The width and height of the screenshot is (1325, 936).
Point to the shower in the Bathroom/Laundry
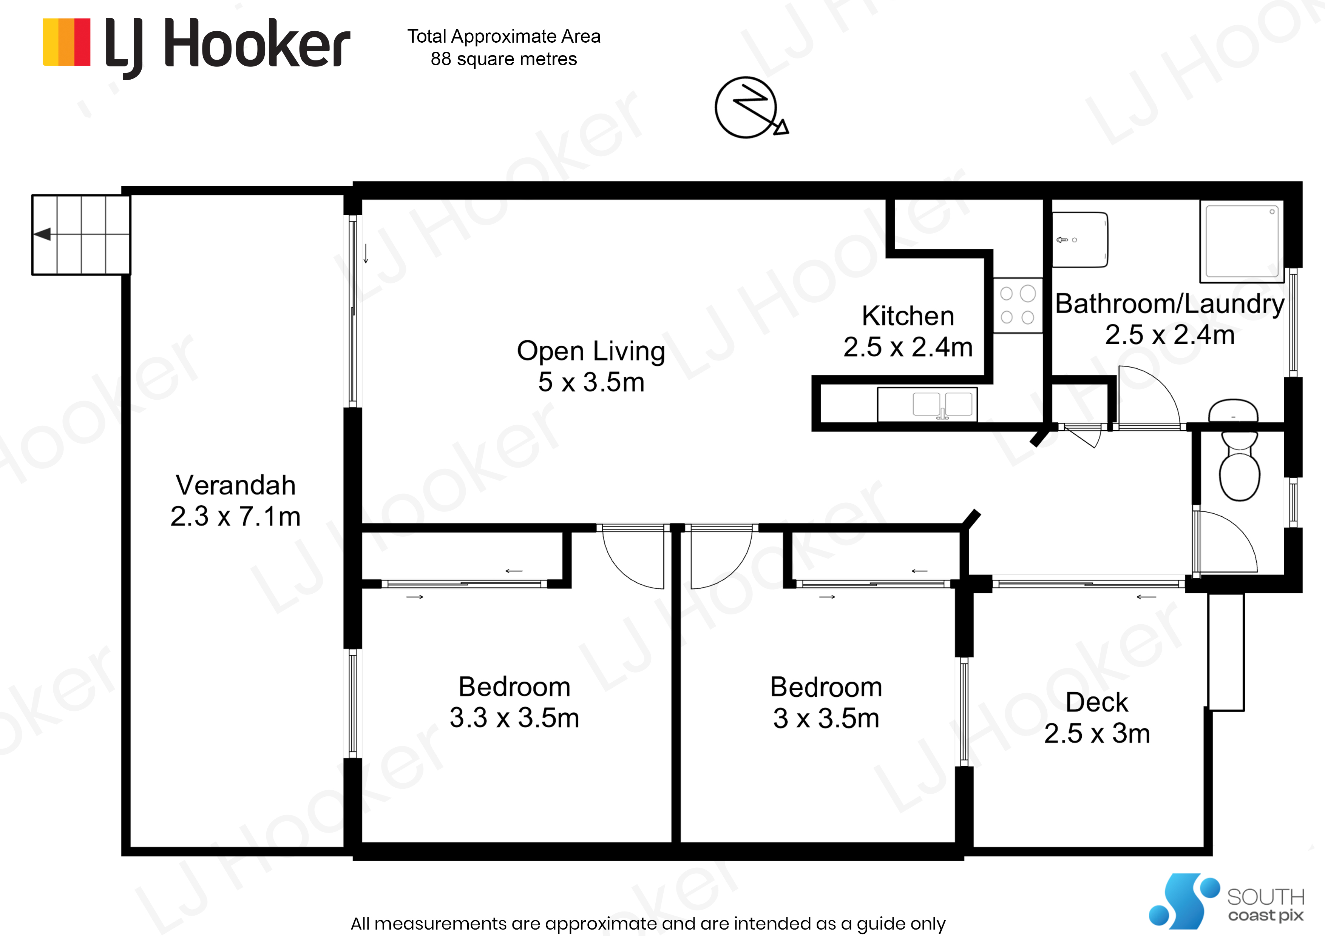tap(1241, 241)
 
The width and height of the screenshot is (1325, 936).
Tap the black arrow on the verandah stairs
tap(43, 234)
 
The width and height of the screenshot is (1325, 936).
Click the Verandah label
tap(235, 485)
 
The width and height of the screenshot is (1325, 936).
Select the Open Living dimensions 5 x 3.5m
tap(591, 382)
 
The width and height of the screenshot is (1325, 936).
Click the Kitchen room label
tap(908, 316)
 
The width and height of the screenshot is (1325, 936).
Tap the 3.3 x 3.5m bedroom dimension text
tap(514, 718)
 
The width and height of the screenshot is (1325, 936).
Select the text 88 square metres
tap(504, 59)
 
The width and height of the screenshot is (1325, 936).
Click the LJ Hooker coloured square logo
tap(66, 42)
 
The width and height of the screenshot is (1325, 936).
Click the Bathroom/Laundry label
tap(1170, 304)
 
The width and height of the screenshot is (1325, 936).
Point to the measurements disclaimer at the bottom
tap(648, 923)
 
